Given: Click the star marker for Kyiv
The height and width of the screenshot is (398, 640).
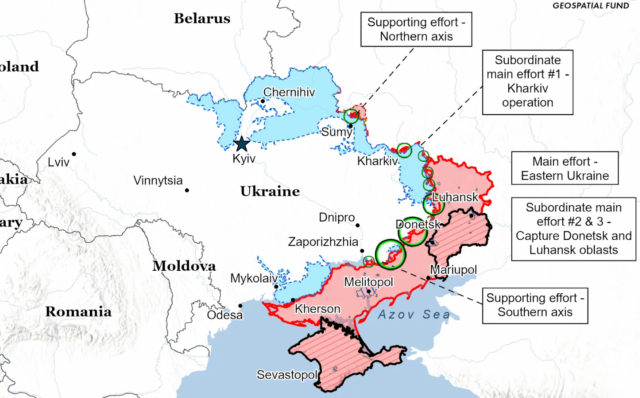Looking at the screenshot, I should coord(242,144).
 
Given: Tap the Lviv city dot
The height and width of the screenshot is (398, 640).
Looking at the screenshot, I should coord(74,154).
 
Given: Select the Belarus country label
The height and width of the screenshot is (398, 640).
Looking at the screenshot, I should coord(202,19).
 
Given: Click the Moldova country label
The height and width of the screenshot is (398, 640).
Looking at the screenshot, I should coord(184,266).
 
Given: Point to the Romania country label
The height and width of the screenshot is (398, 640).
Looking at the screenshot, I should coord(78,312).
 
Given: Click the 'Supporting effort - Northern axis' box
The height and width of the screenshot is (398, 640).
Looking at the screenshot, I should coord(416,29).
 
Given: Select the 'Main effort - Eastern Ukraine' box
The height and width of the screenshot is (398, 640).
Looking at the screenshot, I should coord(564,168).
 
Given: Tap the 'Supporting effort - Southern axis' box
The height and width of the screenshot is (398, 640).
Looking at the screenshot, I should coord(535,305).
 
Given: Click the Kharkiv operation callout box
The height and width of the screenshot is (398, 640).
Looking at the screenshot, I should coord(527,82).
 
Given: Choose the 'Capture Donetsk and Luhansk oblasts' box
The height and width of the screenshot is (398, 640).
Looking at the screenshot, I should coord(573,229).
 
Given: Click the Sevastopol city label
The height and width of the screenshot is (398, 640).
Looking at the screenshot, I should coord(287,375).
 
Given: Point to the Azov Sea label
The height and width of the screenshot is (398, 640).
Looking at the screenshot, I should coord(414,314).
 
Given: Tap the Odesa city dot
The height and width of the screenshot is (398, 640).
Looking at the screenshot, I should coord(240,306).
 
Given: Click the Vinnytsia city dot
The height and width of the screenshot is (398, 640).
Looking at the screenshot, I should coord(187,190).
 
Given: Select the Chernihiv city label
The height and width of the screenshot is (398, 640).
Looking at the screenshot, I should coord(289,92).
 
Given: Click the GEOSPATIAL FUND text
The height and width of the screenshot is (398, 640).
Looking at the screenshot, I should coord(590,6).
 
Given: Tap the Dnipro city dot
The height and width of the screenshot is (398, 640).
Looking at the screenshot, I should coord(358,225).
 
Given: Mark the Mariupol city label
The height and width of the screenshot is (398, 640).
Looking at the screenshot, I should coord(453,270).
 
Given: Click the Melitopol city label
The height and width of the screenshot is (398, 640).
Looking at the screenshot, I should coord(368,282).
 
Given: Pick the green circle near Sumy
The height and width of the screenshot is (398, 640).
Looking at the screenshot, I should coord(351,116).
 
